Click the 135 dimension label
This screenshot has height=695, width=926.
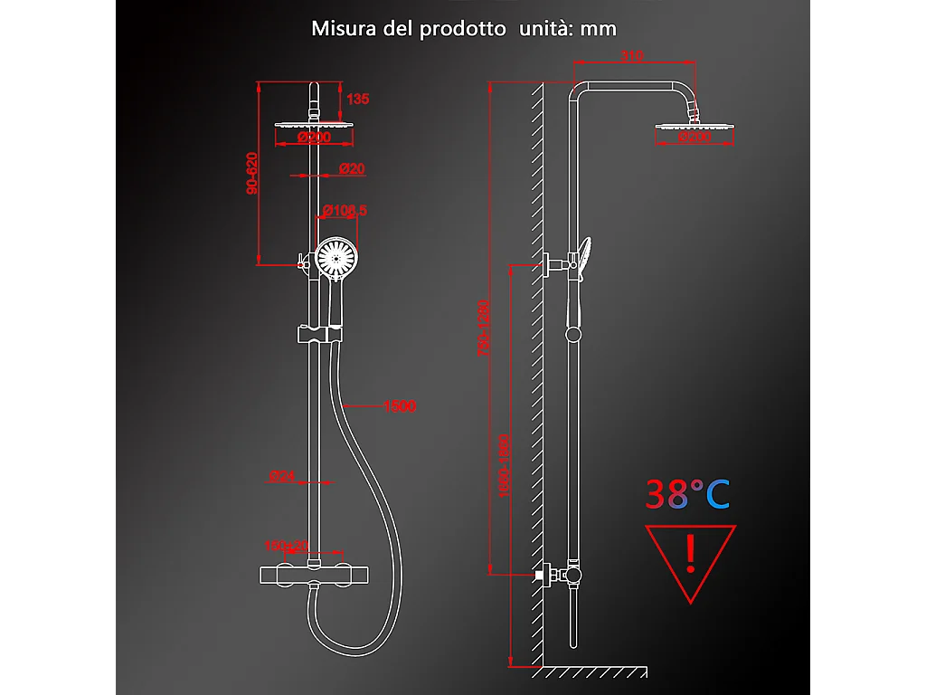[x=358, y=99]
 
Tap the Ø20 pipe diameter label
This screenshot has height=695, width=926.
[x=352, y=169]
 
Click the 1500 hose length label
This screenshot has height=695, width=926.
[x=399, y=406]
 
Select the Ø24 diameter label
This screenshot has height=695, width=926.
[x=282, y=476]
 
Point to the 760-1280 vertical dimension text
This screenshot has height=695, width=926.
[x=484, y=328]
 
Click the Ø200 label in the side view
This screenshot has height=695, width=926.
[x=694, y=138]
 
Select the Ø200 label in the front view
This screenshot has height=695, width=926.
[x=314, y=138]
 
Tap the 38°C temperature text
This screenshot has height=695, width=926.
[x=687, y=494]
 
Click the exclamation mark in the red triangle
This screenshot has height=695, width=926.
[x=691, y=555]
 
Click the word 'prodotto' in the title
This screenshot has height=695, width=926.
[x=462, y=28]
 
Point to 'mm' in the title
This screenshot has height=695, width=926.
[x=599, y=28]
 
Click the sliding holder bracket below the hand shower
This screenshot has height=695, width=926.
[x=319, y=335]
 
